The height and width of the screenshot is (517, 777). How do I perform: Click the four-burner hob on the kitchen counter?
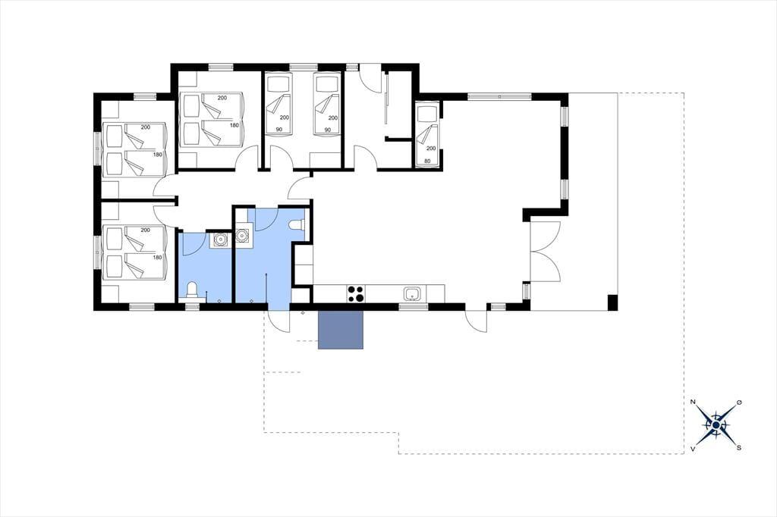355,293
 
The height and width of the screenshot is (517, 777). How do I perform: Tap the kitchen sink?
412,294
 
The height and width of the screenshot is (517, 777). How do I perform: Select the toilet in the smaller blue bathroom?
192,290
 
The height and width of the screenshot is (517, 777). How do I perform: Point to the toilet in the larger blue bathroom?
298,225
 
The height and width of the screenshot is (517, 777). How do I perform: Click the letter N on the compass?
693,402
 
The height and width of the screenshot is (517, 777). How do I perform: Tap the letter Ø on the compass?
739,403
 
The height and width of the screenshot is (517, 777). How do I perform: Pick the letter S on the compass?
739,448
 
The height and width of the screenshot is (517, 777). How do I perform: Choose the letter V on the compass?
693,448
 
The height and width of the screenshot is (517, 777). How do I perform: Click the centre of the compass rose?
716,425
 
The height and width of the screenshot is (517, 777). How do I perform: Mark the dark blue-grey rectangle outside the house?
341,330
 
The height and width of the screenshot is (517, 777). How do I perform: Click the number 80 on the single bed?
428,161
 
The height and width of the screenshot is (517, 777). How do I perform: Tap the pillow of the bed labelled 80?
426,114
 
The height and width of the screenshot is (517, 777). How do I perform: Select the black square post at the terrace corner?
612,302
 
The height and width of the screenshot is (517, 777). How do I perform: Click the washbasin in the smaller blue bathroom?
219,240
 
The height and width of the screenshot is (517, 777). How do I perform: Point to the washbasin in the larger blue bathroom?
243,236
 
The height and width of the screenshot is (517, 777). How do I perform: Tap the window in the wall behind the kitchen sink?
414,307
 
